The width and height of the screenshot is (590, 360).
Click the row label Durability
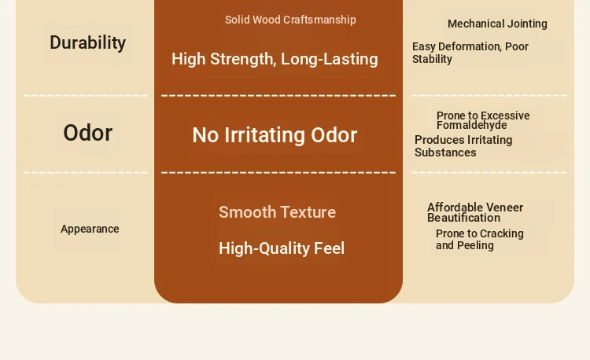point(87,42)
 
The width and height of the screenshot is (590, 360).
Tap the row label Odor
point(87,133)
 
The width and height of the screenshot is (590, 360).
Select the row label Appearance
point(90,229)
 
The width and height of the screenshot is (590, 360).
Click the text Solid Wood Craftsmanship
point(290,20)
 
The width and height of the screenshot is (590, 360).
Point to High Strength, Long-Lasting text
point(275,59)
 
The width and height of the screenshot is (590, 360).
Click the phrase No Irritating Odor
point(275,135)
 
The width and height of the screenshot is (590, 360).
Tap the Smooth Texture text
point(278,212)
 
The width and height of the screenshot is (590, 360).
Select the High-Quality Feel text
point(282,248)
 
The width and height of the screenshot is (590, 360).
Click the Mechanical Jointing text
point(497,24)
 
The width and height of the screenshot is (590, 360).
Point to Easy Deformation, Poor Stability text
point(470,53)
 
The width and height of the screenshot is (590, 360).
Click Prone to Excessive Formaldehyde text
point(483,120)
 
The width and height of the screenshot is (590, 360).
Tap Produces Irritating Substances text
point(463,146)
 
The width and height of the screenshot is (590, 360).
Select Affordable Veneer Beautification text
point(475,213)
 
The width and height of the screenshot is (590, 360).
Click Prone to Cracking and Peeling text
point(480,240)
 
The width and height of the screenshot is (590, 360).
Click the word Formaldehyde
point(472,125)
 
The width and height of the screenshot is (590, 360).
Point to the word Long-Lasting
point(330,60)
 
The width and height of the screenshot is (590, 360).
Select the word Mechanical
point(471,24)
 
